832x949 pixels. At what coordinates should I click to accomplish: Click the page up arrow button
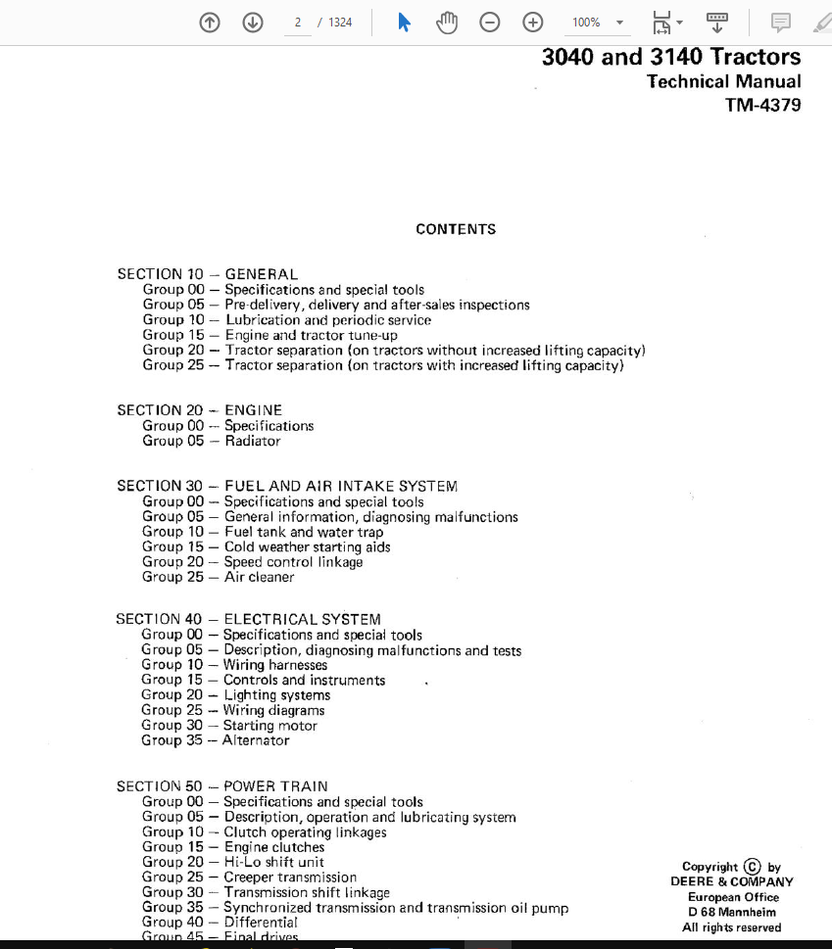(210, 23)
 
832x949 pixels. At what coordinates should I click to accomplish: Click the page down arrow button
(253, 23)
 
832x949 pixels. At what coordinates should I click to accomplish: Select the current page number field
(297, 23)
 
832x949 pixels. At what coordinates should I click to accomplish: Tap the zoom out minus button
(490, 23)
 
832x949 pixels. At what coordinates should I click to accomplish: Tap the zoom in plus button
(533, 23)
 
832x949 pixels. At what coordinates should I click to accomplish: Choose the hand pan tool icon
(447, 23)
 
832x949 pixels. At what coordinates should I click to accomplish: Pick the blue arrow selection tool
(404, 23)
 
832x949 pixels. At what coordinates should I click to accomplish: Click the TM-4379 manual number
(762, 105)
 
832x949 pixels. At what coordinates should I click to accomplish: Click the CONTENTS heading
(456, 229)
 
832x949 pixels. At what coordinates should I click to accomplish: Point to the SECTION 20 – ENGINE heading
(199, 410)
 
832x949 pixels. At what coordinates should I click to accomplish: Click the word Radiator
(252, 441)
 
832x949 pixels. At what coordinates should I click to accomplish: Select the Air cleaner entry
(259, 577)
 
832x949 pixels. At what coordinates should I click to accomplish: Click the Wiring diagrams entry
(273, 710)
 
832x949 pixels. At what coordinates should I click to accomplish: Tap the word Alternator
(256, 740)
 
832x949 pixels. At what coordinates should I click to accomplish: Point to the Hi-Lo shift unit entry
(273, 862)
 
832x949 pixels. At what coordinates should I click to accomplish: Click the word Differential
(261, 922)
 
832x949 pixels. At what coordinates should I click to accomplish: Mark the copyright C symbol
(752, 866)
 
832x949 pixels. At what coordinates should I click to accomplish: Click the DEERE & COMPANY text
(732, 881)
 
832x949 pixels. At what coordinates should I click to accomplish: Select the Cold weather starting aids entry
(307, 546)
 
